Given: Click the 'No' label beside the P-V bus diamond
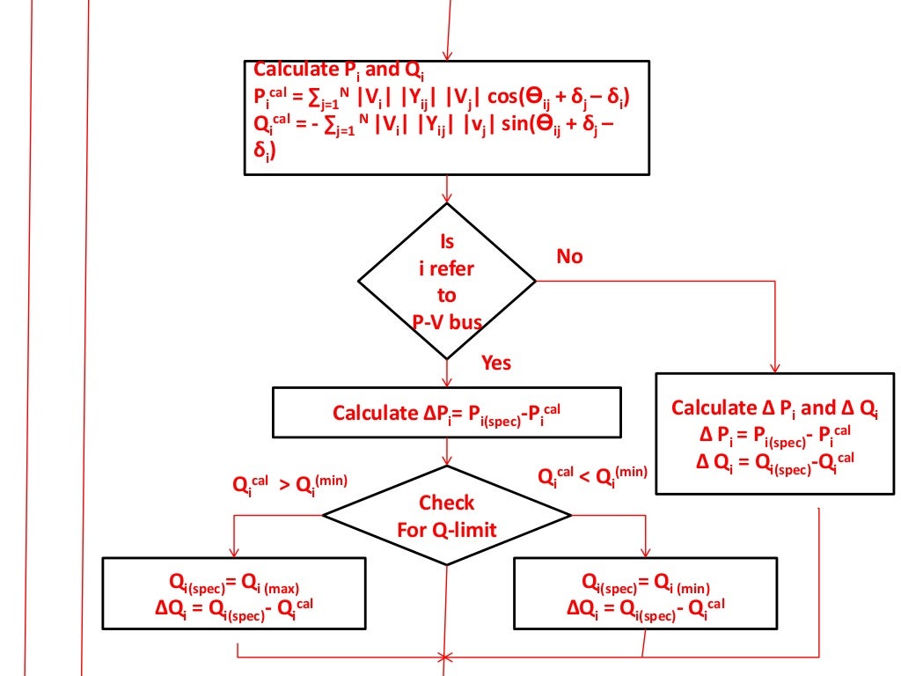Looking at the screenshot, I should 569,256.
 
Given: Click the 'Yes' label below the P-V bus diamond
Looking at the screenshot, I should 496,363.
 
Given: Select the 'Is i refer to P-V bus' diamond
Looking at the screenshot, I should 447,282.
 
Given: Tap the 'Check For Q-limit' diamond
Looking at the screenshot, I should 447,516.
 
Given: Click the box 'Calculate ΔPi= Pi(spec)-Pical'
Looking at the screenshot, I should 447,412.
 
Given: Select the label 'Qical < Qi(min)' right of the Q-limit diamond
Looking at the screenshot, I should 592,476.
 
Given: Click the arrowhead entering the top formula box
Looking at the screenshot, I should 448,55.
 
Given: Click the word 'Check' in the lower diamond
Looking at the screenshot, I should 446,503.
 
